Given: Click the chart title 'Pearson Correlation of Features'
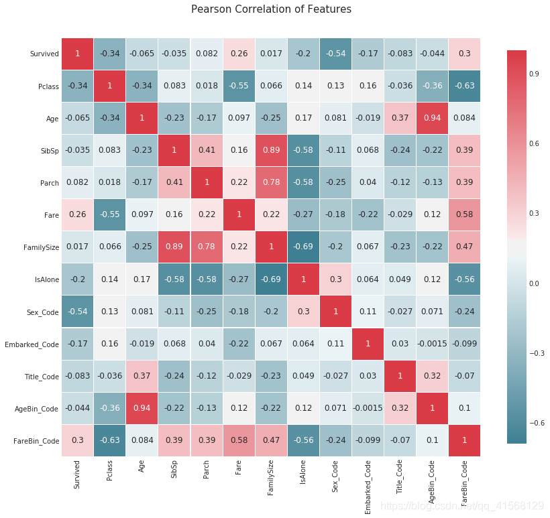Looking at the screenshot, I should pyautogui.click(x=271, y=9).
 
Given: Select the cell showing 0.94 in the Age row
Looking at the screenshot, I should pyautogui.click(x=432, y=118).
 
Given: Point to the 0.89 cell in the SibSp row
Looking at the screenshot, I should pyautogui.click(x=270, y=150).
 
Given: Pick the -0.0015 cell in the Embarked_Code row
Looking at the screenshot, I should pyautogui.click(x=432, y=343).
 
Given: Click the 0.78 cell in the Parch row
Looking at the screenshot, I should pyautogui.click(x=270, y=182).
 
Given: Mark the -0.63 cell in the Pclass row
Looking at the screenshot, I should pyautogui.click(x=464, y=86).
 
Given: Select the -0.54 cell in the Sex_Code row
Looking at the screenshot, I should pyautogui.click(x=77, y=311).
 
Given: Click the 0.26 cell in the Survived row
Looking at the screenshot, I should pyautogui.click(x=238, y=54).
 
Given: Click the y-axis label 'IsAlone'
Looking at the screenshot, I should pyautogui.click(x=46, y=279).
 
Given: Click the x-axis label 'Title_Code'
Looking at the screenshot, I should pyautogui.click(x=400, y=481).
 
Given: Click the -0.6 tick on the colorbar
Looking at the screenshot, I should pyautogui.click(x=537, y=422).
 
